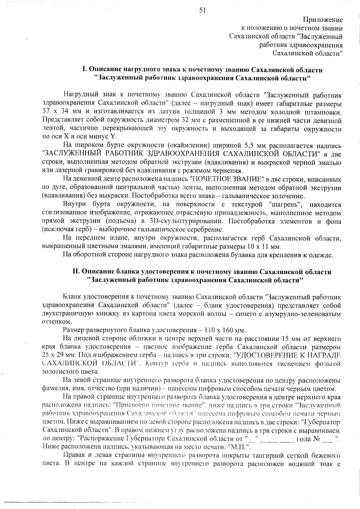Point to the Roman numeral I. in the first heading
click(85, 70)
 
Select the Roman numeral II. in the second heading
click(76, 272)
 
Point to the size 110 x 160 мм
click(225, 331)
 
